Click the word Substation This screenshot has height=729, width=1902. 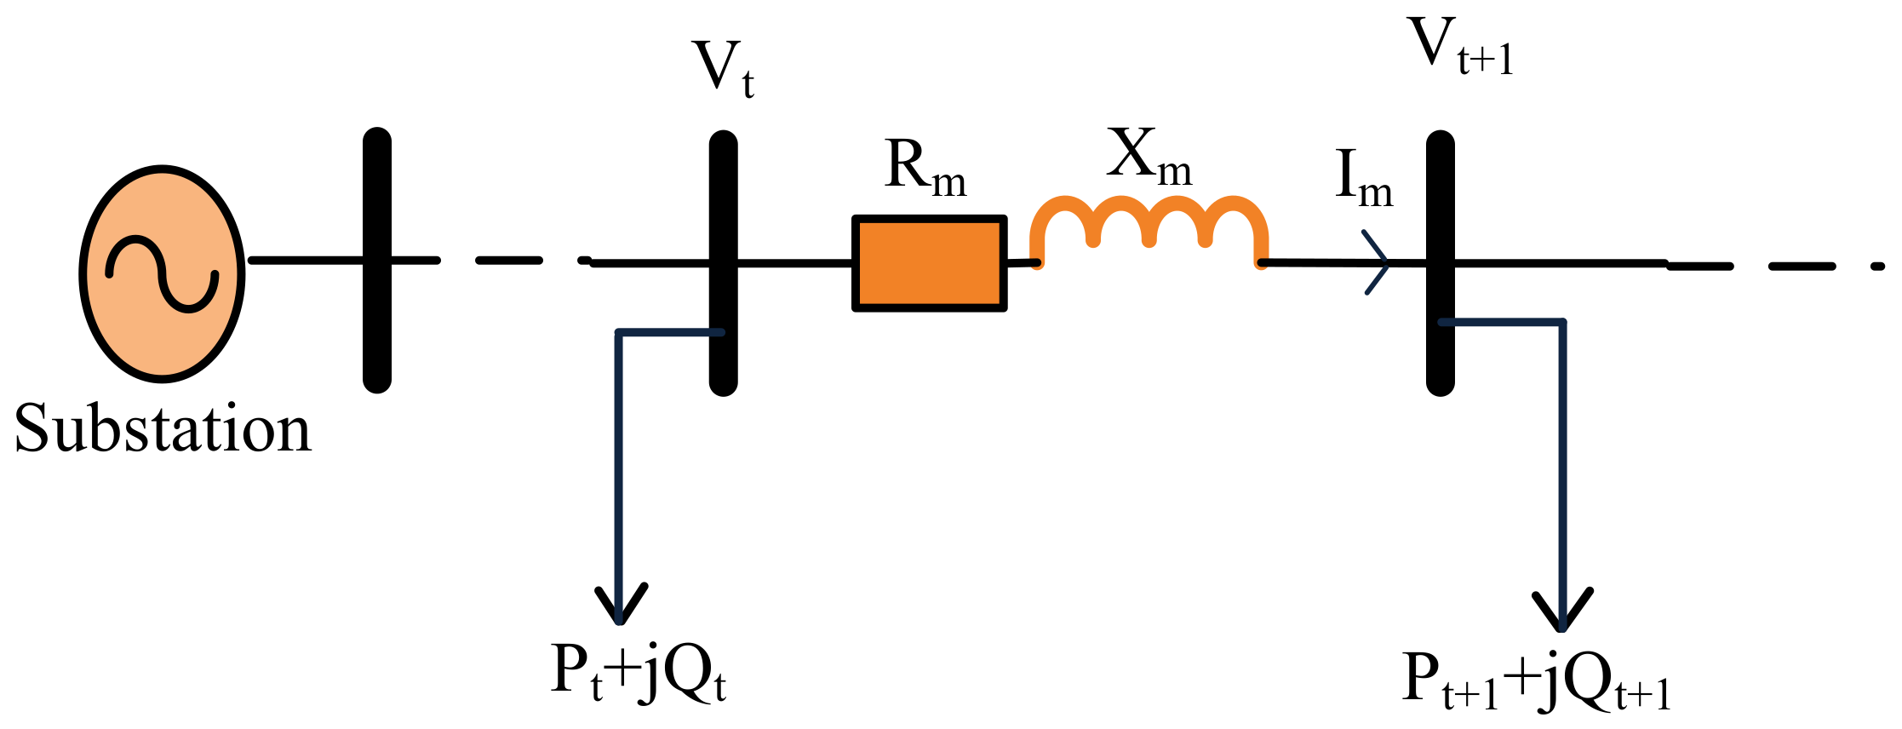[x=163, y=429]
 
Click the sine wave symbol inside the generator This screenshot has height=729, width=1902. [x=162, y=274]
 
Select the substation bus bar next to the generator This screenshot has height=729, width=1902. [x=377, y=260]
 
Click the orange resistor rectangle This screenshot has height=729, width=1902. [x=930, y=263]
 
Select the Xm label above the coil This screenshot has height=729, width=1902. [x=1149, y=157]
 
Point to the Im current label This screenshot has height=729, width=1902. [x=1362, y=179]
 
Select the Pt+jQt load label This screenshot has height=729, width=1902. [x=638, y=672]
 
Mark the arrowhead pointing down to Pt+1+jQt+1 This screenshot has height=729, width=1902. [x=1562, y=613]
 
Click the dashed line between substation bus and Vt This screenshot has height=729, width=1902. [x=509, y=260]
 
